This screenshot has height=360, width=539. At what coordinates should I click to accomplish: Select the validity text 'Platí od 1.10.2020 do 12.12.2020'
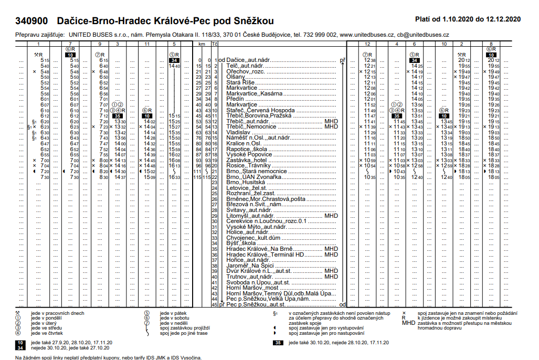tap(467, 19)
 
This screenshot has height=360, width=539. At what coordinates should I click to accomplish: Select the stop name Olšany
tap(235, 77)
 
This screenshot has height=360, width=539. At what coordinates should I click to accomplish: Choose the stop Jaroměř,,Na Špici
tap(250, 266)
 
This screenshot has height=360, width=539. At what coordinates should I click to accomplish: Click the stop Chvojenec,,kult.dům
tap(252, 238)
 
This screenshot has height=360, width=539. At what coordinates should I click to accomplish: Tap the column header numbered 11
tap(146, 44)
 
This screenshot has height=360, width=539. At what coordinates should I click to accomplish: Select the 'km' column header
tap(201, 44)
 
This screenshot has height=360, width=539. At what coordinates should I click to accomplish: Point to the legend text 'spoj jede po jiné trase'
tap(185, 333)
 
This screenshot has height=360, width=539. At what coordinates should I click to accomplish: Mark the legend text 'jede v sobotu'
tap(175, 319)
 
